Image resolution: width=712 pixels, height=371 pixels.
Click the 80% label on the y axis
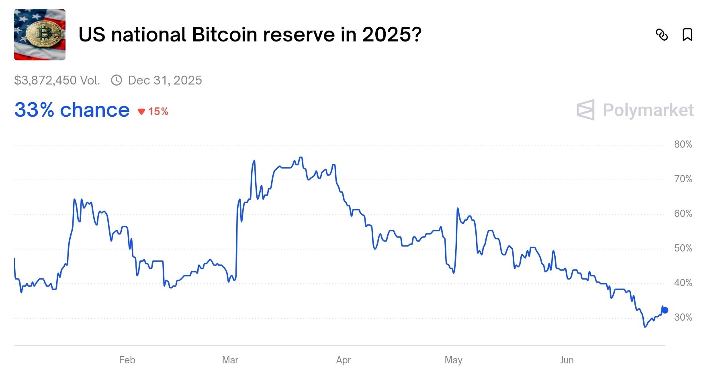[x=683, y=144]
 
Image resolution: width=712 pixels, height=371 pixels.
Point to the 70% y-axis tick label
[x=683, y=179]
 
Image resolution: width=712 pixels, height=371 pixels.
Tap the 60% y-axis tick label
[x=683, y=214]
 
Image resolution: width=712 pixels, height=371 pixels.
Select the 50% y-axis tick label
[x=683, y=248]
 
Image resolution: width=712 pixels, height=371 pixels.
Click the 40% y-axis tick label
[x=683, y=283]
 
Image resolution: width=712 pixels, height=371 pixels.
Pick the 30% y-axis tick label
[x=683, y=317]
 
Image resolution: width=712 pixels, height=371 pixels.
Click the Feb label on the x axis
[x=127, y=360]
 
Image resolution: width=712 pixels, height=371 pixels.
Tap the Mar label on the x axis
[x=230, y=360]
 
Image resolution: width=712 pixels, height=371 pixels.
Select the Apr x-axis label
[x=343, y=360]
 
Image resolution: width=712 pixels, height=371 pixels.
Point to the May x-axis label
[x=453, y=360]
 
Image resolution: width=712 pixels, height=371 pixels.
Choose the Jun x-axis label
[x=567, y=360]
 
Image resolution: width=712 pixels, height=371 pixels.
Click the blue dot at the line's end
[x=665, y=310]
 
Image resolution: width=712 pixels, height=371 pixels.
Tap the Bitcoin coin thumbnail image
[x=40, y=35]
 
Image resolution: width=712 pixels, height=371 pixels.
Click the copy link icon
[x=661, y=35]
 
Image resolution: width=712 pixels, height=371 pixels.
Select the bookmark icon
[x=687, y=35]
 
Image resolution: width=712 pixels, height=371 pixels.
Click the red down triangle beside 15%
[x=141, y=112]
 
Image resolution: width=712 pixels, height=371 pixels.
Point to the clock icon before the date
[x=117, y=80]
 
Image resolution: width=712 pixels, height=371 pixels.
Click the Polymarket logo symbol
[x=585, y=110]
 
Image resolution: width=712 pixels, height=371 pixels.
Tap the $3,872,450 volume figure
[x=57, y=80]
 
